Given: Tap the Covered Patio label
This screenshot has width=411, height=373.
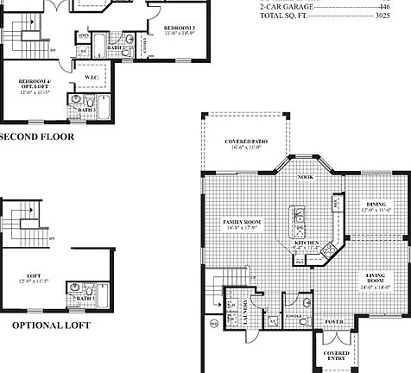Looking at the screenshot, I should coord(245,144).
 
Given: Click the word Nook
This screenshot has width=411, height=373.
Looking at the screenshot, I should coord(305,178).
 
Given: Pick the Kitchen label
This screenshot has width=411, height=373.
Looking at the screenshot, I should coord(308,245).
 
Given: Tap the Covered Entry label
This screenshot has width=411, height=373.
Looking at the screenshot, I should coord(336,356).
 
